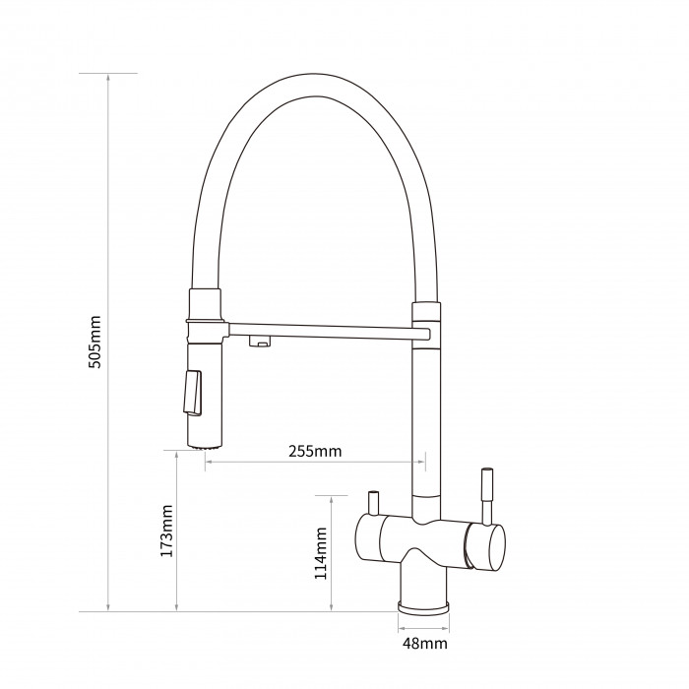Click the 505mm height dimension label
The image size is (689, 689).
coord(94,342)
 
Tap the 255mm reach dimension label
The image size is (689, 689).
coord(315,451)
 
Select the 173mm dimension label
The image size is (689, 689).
coord(166,531)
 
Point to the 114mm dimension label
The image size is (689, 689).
coord(321,553)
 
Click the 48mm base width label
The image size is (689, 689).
coord(425,644)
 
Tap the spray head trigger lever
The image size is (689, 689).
coord(193,393)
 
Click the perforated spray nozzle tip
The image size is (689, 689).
coord(205,447)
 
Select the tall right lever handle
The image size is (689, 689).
coord(487,496)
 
